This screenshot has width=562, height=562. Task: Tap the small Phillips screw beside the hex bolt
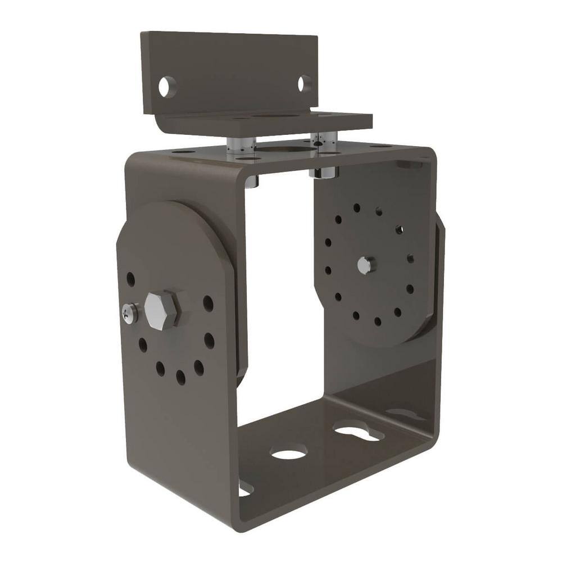coord(130,313)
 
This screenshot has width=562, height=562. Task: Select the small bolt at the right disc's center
coord(365,265)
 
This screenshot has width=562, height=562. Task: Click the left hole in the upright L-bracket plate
coord(167,87)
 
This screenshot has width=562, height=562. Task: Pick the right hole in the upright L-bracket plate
coord(303,83)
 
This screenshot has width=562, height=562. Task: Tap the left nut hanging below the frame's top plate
coord(253,180)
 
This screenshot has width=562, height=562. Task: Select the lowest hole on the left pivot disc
coord(180,377)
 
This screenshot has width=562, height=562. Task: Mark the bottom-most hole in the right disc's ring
coord(377,321)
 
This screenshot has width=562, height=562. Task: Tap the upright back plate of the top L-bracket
coord(230,67)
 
